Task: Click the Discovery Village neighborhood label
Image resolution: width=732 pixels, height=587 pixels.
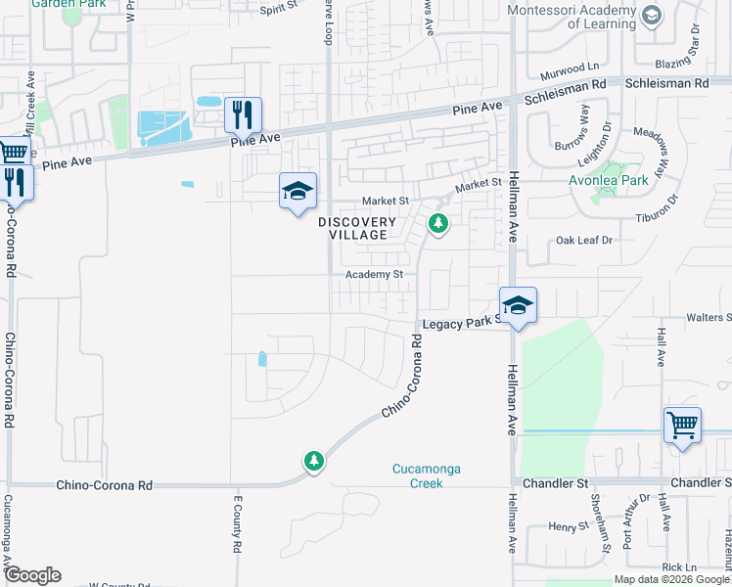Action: [357, 229]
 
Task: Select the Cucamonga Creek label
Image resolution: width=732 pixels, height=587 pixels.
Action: [426, 476]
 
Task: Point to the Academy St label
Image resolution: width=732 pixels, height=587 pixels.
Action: [374, 275]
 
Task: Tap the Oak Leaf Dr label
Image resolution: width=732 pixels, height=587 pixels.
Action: [583, 240]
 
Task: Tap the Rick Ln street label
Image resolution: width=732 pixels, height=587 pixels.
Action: [677, 567]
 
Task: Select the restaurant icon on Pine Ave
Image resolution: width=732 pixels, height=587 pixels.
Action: [243, 115]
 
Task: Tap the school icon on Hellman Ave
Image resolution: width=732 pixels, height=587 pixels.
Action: [518, 305]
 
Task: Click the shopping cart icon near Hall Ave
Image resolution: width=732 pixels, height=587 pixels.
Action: [682, 426]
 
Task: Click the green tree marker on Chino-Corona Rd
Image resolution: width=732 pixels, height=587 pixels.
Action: [313, 461]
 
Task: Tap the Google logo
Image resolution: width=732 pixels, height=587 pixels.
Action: [31, 575]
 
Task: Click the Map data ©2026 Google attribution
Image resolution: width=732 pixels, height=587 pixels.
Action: [671, 579]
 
